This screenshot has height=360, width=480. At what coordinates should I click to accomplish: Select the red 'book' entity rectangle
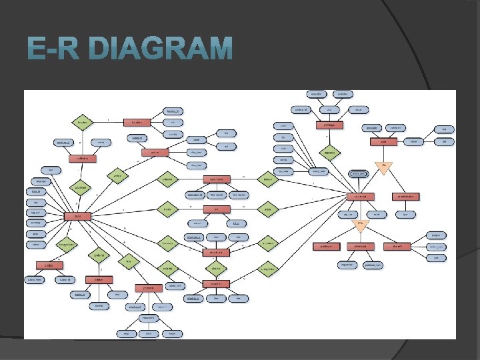click(x=77, y=216)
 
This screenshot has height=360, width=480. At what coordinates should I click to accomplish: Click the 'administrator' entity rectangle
click(x=405, y=196)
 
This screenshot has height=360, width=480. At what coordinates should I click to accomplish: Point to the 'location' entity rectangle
click(x=137, y=123)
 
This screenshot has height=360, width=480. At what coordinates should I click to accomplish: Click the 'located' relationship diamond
click(x=83, y=123)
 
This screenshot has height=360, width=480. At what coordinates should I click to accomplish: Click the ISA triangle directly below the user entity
click(x=361, y=225)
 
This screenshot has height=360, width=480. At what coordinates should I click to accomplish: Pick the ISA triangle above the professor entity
click(x=361, y=225)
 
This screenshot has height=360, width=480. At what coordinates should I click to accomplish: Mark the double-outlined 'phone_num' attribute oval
click(x=359, y=173)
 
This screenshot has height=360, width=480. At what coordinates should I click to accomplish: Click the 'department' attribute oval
click(x=347, y=265)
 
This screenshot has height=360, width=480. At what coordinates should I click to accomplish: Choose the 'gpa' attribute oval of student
click(x=435, y=258)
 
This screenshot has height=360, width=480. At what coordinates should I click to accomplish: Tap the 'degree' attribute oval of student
click(x=435, y=235)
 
